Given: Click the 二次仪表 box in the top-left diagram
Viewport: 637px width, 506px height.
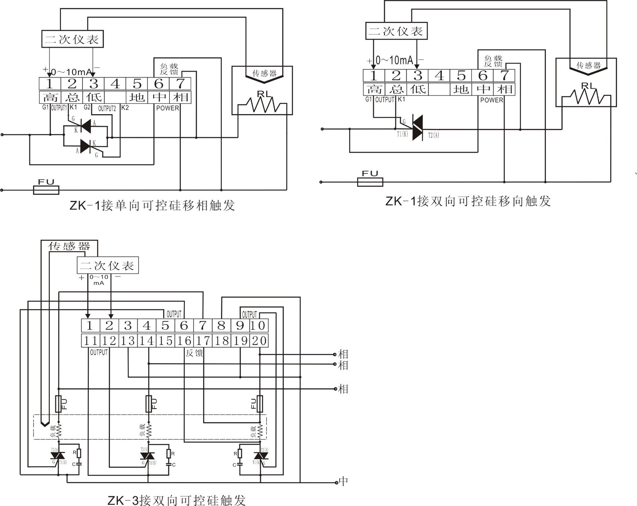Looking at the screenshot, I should pyautogui.click(x=72, y=39).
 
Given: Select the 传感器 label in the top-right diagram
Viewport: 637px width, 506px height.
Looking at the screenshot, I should pyautogui.click(x=588, y=65).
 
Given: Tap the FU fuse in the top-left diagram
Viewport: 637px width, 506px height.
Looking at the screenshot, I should pyautogui.click(x=46, y=190).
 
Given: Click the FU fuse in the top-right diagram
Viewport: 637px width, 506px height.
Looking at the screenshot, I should pyautogui.click(x=370, y=182).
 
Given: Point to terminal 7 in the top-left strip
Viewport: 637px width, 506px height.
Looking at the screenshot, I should pyautogui.click(x=180, y=84).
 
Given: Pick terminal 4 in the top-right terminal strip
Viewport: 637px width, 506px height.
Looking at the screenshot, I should pyautogui.click(x=439, y=75).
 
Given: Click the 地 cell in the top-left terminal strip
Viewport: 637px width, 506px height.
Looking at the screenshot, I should pyautogui.click(x=137, y=97).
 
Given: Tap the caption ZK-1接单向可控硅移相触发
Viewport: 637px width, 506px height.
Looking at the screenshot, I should pyautogui.click(x=152, y=206).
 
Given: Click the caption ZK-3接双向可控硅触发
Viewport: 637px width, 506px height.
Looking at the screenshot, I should pyautogui.click(x=176, y=500).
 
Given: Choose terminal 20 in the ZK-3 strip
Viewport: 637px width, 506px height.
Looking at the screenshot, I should pyautogui.click(x=259, y=341).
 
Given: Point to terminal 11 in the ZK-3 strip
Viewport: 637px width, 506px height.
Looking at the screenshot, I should pyautogui.click(x=90, y=341).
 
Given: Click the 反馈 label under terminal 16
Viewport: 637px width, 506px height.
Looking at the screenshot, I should pyautogui.click(x=194, y=353).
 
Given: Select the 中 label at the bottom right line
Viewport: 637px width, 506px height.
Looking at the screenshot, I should pyautogui.click(x=343, y=482).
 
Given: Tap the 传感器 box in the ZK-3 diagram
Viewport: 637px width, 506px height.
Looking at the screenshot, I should pyautogui.click(x=69, y=246).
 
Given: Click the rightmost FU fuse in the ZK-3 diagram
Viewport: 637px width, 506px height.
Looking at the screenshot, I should pyautogui.click(x=260, y=404).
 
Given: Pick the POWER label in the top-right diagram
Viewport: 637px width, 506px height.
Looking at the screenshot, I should pyautogui.click(x=491, y=100).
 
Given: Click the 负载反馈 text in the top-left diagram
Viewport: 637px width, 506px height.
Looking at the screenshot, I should pyautogui.click(x=169, y=69).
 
